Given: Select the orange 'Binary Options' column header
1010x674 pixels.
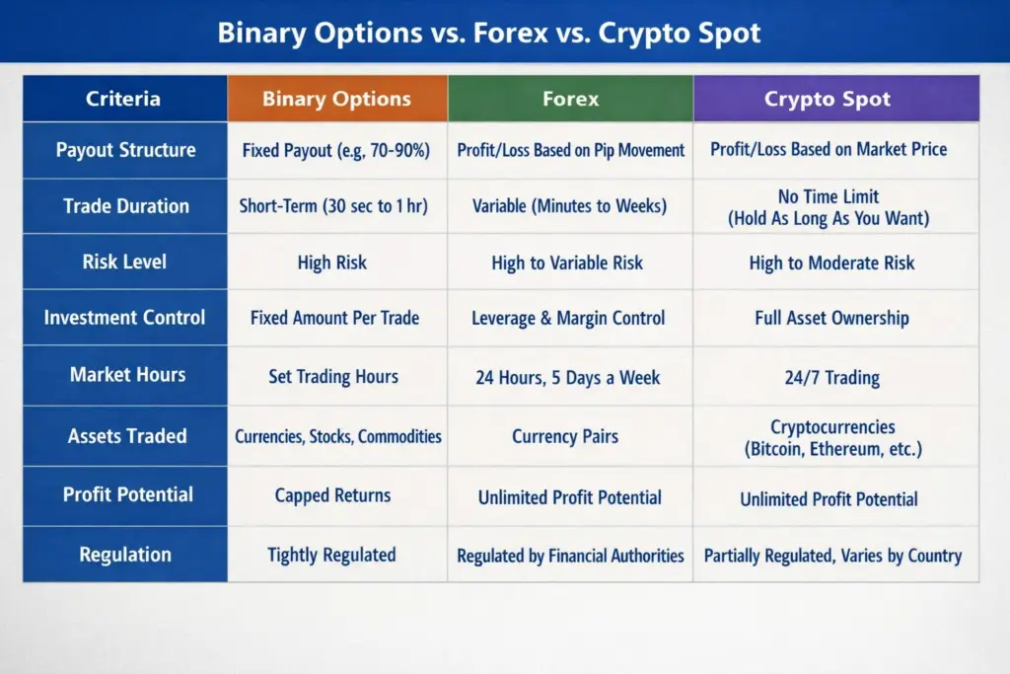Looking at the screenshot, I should pos(336,99).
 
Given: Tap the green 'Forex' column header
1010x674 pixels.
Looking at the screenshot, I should pos(570,99).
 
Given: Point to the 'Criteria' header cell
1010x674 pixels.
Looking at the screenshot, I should pos(123,99).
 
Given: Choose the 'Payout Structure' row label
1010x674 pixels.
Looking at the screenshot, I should pos(125,150).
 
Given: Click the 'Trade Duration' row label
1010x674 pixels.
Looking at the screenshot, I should pos(125,206).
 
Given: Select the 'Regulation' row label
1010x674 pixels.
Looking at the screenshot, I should pos(125,555).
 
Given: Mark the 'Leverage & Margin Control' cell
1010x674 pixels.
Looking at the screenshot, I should pos(569,318).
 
